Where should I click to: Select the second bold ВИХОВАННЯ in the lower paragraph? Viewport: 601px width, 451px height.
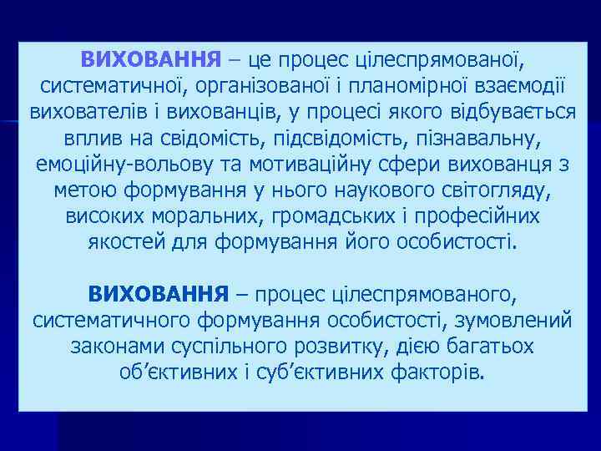pos(159,294)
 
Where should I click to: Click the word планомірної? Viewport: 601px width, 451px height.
pos(407,86)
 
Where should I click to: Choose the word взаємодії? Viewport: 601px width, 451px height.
pos(515,86)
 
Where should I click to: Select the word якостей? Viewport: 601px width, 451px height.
pos(123,242)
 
